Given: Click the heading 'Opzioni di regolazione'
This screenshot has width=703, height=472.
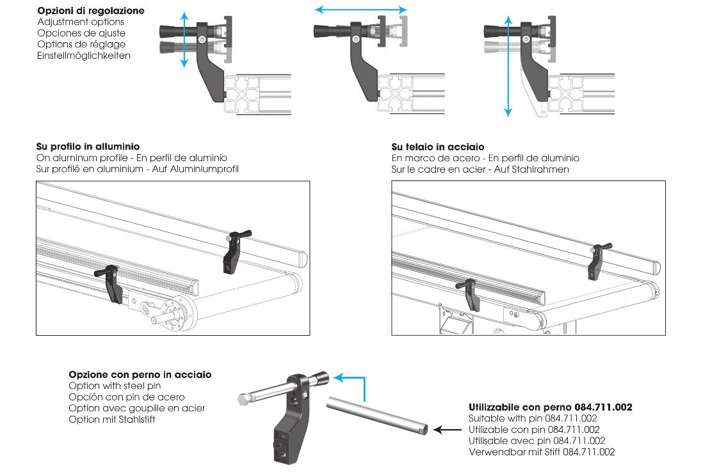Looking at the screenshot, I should pos(91,11).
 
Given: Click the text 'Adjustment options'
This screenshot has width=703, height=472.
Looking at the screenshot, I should pos(81,22).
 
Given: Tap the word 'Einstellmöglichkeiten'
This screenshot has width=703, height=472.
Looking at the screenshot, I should pos(84,56).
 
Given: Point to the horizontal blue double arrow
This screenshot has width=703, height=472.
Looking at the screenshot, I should pos(361,10).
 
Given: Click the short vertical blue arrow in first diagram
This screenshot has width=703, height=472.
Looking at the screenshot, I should pos(184,39).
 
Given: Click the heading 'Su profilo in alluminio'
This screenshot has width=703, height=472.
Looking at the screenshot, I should pos(88,147).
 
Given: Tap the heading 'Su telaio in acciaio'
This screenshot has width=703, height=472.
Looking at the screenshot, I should pos(438,147).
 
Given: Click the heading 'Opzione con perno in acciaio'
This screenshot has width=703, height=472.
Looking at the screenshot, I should pos(140,375).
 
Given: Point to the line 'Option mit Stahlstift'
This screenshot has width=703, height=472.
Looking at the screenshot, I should pos(112,420).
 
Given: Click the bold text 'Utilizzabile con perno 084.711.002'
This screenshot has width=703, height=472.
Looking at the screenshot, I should pos(551,407).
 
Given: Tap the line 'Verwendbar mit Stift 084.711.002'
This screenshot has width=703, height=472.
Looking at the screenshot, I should pos(542,452).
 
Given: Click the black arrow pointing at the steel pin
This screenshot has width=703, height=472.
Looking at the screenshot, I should pos(448,430).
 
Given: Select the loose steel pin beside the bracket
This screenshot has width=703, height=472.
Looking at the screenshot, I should pos(379,415).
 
